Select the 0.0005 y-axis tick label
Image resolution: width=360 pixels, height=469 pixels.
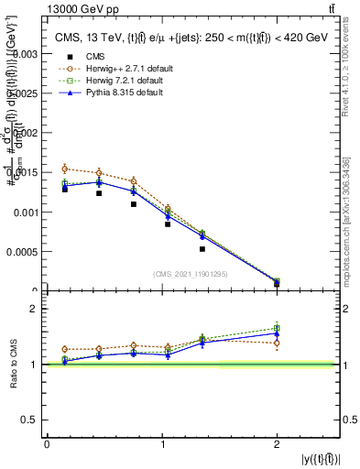tap(25, 252)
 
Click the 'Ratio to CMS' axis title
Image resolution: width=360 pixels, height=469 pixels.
tap(13, 377)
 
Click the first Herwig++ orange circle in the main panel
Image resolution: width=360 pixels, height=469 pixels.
tap(65, 169)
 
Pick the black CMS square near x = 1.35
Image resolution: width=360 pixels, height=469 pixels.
tap(202, 249)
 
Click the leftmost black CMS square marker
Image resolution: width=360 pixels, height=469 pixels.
tap(65, 189)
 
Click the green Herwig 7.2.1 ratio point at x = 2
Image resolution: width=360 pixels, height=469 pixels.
tap(277, 328)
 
